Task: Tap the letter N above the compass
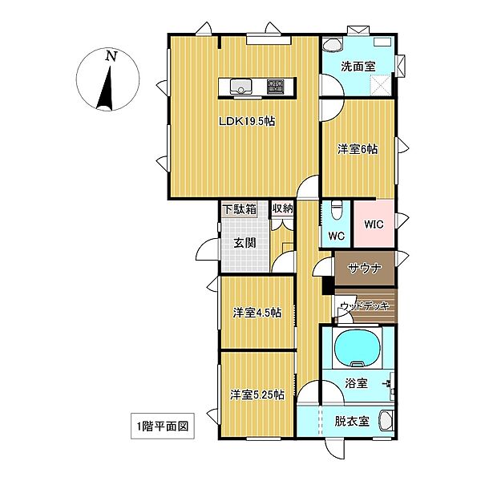pyautogui.click(x=111, y=55)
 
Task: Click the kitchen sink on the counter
pyautogui.click(x=238, y=84)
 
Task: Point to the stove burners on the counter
pyautogui.click(x=276, y=84)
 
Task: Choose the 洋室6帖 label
pyautogui.click(x=357, y=148)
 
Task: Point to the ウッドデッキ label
pyautogui.click(x=364, y=305)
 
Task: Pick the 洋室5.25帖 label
pyautogui.click(x=257, y=394)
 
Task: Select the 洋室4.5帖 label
pyautogui.click(x=257, y=313)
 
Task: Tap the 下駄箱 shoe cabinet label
pyautogui.click(x=239, y=209)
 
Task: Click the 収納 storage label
pyautogui.click(x=282, y=208)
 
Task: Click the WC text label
pyautogui.click(x=337, y=236)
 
